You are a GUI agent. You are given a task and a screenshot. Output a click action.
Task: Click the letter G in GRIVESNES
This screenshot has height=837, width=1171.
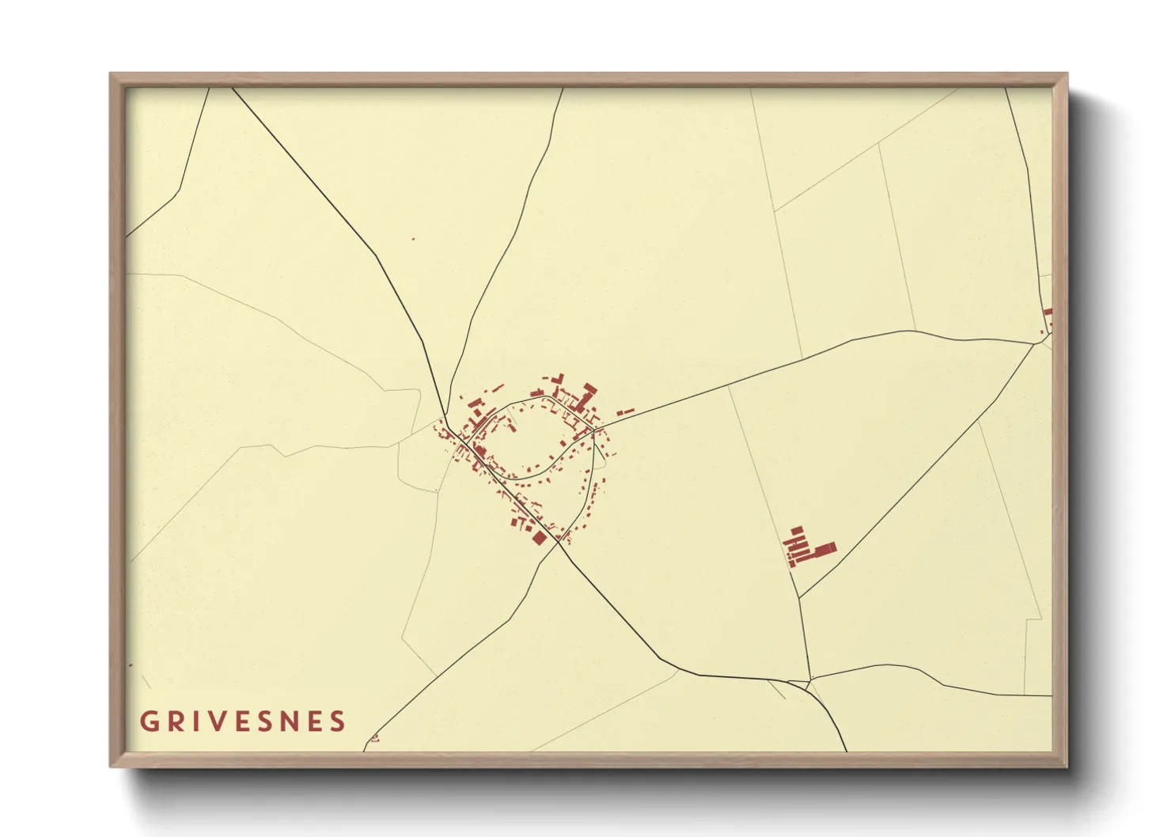point(148,721)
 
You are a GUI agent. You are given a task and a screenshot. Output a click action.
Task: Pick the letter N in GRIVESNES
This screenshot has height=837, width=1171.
point(292,721)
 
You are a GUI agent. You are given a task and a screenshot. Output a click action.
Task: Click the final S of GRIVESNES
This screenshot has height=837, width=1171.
point(339,721)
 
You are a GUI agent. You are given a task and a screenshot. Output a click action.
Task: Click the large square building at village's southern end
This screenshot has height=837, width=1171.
point(540,537)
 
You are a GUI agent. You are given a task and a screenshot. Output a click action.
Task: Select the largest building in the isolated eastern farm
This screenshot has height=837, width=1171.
point(824,549)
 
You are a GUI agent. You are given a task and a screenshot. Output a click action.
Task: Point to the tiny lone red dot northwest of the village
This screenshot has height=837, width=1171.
point(413,238)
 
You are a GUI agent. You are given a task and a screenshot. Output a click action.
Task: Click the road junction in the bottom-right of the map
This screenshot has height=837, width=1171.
point(809,681)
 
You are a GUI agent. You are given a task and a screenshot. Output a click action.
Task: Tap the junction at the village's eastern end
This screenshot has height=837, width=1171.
point(595,428)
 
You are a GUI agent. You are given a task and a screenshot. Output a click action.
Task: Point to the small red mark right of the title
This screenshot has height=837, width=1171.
point(374,738)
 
